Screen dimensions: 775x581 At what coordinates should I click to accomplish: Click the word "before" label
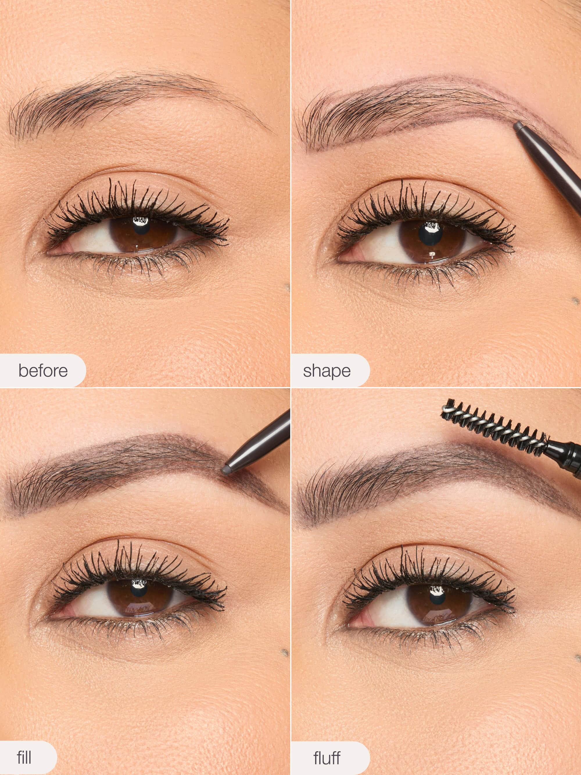(43, 371)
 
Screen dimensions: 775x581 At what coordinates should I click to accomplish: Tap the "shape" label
(327, 371)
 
